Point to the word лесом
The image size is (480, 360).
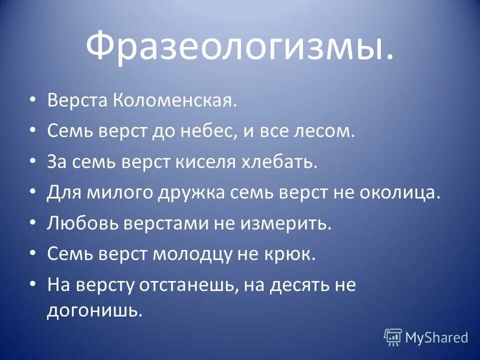click(327, 132)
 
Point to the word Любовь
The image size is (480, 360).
click(82, 223)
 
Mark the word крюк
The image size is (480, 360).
click(293, 254)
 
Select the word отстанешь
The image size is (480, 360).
click(191, 285)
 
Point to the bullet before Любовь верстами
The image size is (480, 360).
click(32, 223)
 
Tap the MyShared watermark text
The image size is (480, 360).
click(436, 337)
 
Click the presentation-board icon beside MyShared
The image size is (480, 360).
click(393, 337)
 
